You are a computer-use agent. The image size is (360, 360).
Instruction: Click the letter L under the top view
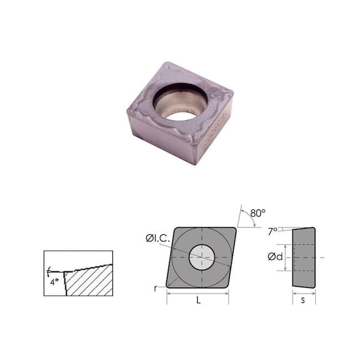click(198, 301)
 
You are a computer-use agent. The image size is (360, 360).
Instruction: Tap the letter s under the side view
click(304, 301)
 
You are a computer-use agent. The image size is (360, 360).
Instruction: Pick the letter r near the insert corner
click(156, 288)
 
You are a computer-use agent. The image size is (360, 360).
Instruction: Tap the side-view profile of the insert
click(304, 257)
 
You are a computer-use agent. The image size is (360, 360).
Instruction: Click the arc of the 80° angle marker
click(249, 220)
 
